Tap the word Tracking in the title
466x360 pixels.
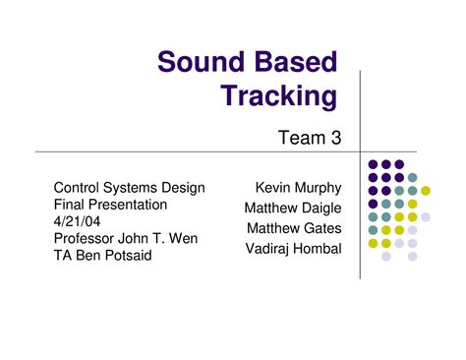click(278, 96)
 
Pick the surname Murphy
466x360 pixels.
click(316, 187)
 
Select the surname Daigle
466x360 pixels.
click(318, 208)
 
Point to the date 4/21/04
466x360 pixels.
click(78, 221)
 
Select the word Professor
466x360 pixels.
click(88, 238)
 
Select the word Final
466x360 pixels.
click(69, 205)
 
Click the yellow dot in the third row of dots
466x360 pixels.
click(426, 191)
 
